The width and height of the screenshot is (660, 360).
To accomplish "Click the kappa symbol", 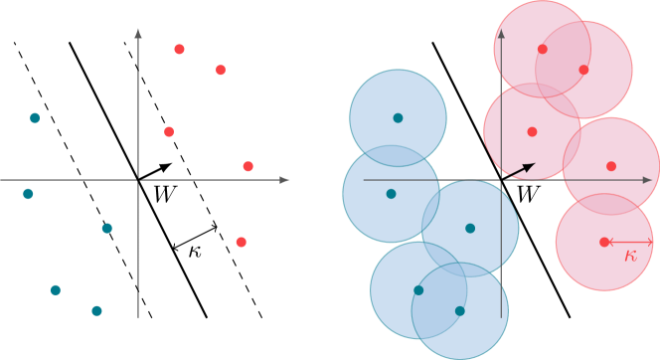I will (x=630, y=256).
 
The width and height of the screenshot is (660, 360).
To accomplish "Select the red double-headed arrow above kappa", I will (x=629, y=242).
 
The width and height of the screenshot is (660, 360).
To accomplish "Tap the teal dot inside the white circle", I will (x=96, y=311).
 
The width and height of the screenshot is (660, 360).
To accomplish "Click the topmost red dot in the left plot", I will (x=179, y=49).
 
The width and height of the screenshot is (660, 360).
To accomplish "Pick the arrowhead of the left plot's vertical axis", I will (x=138, y=33).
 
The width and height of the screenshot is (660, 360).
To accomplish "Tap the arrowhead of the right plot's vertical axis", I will (x=502, y=33).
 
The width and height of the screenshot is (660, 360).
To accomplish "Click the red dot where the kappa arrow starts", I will (x=604, y=242).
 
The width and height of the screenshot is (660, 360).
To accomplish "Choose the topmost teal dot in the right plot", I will (x=398, y=117).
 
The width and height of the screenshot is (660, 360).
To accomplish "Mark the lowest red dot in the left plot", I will (x=241, y=242).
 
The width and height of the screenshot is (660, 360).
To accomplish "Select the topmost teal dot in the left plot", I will (x=35, y=117).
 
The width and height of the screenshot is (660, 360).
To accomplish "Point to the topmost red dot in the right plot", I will (x=542, y=49).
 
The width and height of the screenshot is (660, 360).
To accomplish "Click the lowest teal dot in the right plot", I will (x=459, y=311).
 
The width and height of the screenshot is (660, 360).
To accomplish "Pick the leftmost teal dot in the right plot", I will (x=391, y=194).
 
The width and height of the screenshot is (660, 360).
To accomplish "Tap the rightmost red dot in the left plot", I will (x=247, y=166).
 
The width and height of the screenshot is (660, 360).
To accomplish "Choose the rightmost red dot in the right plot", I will (x=610, y=166).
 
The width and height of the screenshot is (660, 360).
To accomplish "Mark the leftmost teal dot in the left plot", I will (x=28, y=194).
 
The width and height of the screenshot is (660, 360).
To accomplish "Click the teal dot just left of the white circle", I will (x=55, y=290).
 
